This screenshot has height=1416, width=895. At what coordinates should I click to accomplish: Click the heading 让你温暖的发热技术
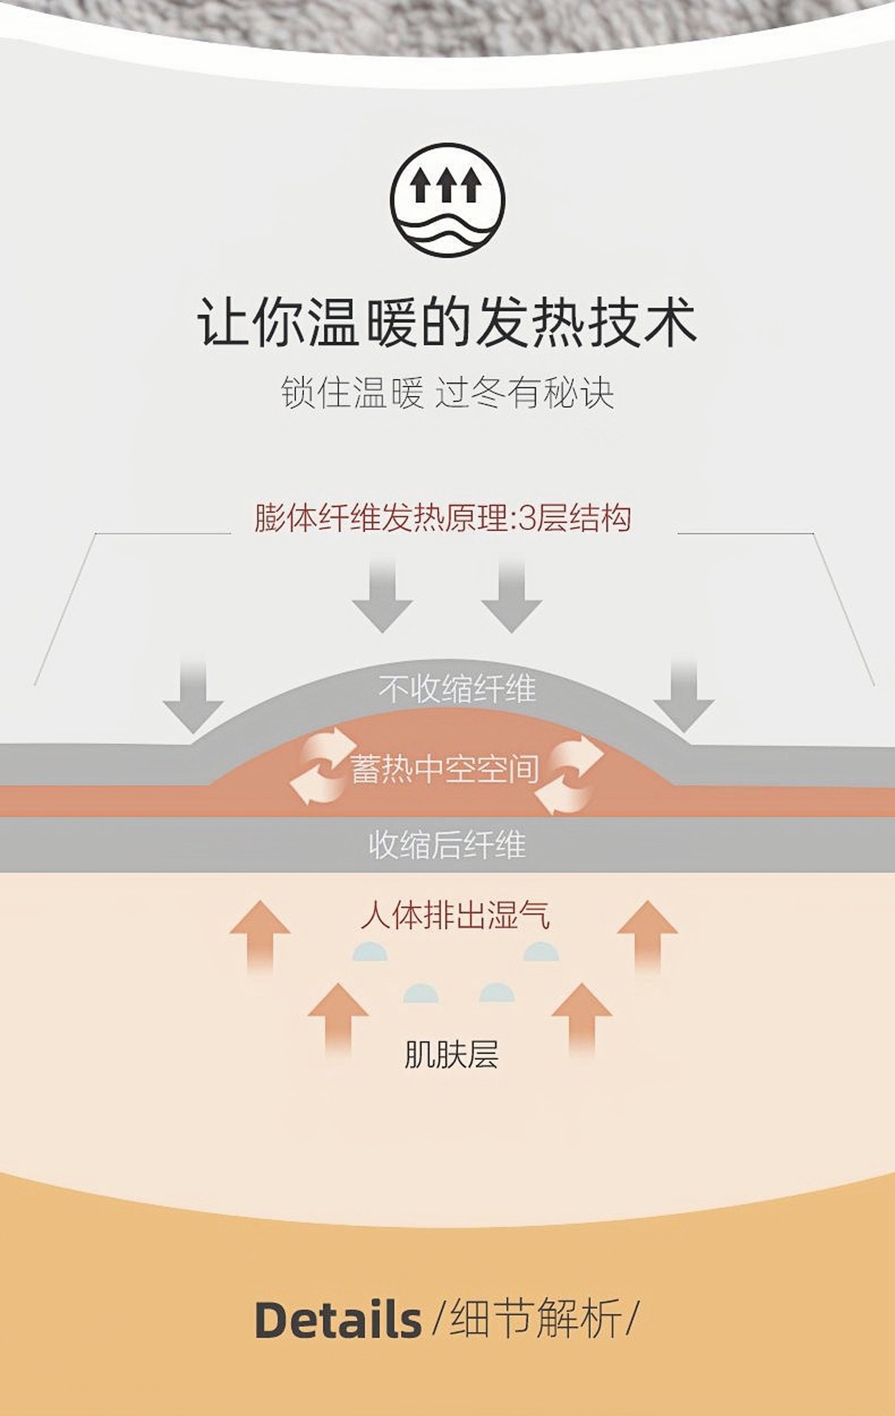tap(447, 323)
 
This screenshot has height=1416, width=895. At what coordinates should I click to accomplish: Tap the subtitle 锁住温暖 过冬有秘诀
tap(447, 392)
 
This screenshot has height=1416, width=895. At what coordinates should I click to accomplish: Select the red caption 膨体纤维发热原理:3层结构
tap(443, 518)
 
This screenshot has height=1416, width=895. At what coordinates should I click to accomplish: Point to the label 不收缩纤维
tap(457, 690)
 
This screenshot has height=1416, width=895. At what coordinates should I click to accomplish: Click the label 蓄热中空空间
tap(445, 769)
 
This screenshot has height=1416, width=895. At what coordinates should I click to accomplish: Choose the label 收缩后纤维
tap(447, 844)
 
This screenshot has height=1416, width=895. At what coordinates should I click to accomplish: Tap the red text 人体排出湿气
tap(455, 916)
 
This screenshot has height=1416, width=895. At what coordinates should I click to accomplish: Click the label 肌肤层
tap(451, 1055)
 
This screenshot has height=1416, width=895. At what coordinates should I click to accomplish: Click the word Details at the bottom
tap(338, 1319)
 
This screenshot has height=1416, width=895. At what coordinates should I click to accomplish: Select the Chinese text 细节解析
tap(536, 1318)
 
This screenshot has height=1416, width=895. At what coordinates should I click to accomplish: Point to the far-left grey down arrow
tap(193, 695)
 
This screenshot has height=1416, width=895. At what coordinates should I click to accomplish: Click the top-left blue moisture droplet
tap(370, 951)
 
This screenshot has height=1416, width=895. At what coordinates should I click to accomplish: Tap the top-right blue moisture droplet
tap(541, 951)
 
